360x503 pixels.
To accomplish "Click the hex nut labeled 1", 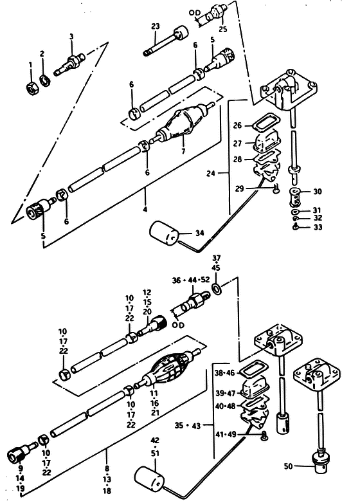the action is pos(32,87).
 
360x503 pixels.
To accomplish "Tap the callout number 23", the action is pos(156,26).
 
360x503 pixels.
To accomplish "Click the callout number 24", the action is pos(211,173).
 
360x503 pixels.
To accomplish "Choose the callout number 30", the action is pos(318,192).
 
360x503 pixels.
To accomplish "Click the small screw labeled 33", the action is pos(296,227).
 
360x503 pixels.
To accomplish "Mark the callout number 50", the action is pos(288,466).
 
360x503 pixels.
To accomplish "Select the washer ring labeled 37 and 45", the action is pos(217,288).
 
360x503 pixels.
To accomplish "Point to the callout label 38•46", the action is pos(225,373).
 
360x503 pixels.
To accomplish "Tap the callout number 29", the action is pos(240,188).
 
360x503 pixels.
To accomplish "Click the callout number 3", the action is pos(71,37).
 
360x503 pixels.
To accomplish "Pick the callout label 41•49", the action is pos(226,434).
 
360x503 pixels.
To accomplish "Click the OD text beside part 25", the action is pos(194,13).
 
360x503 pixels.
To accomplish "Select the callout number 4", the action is pos(145,210).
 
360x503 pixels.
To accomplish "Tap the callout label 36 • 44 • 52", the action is pos(191,280).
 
